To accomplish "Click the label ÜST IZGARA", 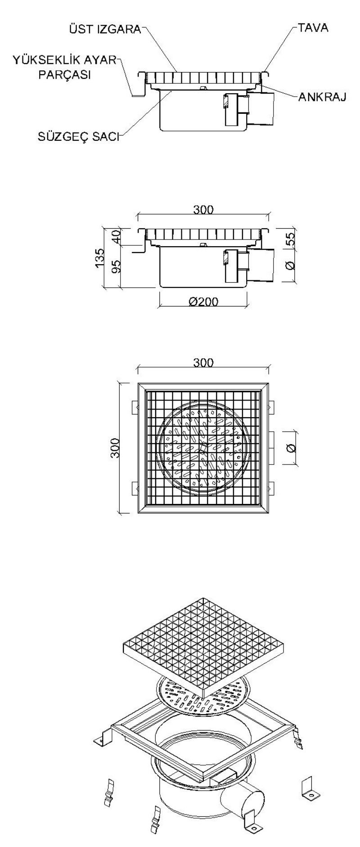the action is [x=104, y=30].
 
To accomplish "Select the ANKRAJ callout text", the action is [x=322, y=97].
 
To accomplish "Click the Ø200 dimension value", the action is [x=203, y=302].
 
